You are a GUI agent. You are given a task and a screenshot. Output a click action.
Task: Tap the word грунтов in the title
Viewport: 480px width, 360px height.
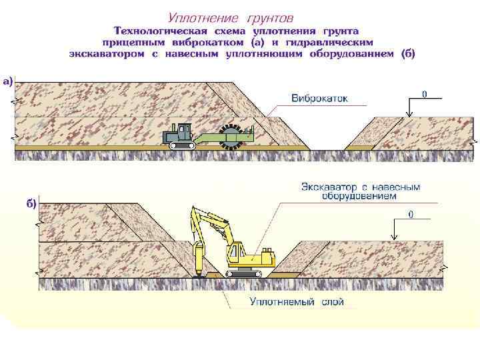pos(267,18)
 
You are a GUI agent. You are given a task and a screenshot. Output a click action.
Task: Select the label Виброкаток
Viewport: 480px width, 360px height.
pos(319,99)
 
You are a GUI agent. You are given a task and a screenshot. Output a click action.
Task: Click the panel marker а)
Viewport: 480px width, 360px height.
pos(7,81)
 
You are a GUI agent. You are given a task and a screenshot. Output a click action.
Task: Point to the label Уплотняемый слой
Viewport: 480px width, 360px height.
pos(297,302)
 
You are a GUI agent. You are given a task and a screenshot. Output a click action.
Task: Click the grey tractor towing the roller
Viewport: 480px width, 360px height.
pos(179,135)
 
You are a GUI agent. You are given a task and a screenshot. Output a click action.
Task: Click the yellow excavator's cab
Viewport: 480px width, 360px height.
pos(236,255)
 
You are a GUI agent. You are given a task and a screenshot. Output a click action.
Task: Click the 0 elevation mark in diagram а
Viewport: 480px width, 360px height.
pos(424,94)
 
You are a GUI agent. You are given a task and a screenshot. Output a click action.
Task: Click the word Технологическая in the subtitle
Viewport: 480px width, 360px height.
pos(161,31)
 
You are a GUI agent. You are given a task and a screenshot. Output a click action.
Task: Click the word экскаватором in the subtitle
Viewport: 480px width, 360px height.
pos(107,53)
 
